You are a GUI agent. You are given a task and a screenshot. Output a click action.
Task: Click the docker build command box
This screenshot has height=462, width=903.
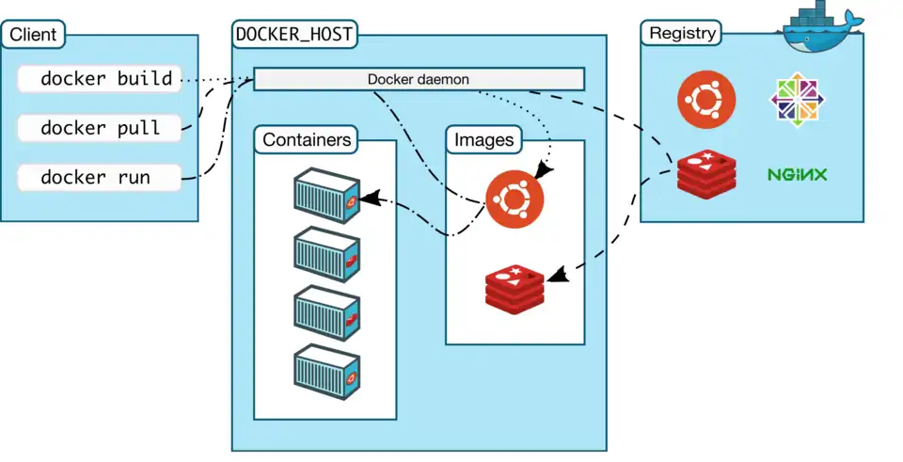99,79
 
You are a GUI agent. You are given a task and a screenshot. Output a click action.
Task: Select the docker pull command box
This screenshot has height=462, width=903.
99,128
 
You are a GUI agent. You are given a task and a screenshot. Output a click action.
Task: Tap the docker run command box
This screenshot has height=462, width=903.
99,177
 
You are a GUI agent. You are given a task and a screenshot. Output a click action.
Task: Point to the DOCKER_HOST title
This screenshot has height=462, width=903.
293,35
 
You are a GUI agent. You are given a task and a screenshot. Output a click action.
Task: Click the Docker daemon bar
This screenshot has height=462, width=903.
419,79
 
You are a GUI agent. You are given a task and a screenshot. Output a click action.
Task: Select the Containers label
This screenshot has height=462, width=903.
308,141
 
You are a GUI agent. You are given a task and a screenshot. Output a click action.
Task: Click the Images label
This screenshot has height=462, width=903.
484,141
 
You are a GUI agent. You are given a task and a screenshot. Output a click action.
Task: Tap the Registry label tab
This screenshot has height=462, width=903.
683,34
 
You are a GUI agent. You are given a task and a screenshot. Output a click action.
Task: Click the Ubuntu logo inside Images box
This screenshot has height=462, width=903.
515,199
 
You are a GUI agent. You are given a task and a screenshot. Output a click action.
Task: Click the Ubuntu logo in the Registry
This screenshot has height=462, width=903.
707,100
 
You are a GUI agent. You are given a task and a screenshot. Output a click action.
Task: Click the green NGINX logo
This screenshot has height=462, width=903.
797,174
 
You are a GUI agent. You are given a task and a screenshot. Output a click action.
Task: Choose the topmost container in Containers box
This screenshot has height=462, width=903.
326,196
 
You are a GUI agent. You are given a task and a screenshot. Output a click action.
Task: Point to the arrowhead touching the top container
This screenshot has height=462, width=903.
370,199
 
